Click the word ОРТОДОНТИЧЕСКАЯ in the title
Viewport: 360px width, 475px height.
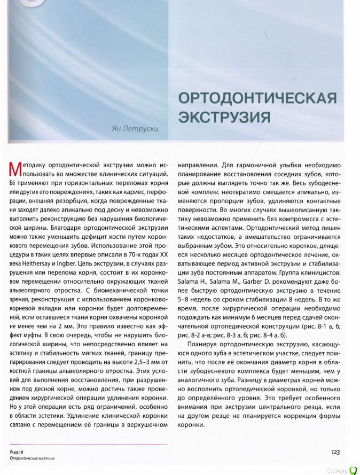(x=257, y=98)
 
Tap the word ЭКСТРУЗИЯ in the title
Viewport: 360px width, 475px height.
(x=224, y=116)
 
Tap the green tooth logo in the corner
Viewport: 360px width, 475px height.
(x=353, y=470)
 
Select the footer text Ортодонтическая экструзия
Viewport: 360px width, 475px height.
(x=33, y=458)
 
